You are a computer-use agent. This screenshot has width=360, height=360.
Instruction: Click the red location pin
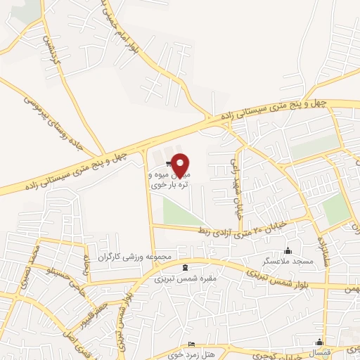tap(181, 165)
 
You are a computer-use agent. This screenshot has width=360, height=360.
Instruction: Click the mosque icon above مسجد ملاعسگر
tap(287, 250)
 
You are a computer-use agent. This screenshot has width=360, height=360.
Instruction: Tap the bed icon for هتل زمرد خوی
tap(192, 345)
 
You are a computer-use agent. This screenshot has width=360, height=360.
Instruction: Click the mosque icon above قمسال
tap(320, 342)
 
